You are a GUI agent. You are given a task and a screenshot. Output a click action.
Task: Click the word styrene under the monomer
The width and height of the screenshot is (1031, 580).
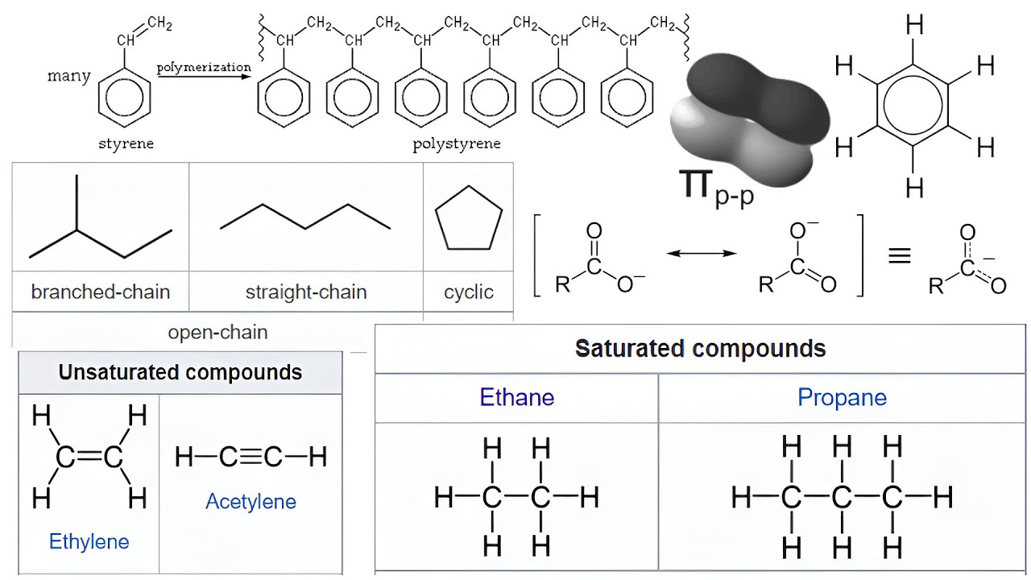tap(126, 144)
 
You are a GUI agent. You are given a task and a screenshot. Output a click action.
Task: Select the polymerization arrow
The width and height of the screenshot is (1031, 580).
tap(204, 77)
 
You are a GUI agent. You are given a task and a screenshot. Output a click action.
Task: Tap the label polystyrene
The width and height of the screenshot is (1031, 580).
tap(457, 144)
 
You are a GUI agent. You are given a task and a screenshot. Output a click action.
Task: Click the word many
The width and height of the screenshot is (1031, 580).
tap(68, 77)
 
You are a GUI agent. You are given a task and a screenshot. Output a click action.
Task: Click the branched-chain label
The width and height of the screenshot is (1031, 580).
tap(101, 292)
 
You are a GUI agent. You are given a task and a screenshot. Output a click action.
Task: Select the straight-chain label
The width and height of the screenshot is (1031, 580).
tap(306, 292)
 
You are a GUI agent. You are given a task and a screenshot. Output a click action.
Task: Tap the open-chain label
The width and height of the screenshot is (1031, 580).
tap(217, 332)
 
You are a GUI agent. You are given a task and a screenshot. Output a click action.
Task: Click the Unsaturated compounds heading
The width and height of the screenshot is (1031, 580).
tap(180, 372)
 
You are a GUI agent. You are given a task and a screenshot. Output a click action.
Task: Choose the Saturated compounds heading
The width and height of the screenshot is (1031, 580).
tap(700, 349)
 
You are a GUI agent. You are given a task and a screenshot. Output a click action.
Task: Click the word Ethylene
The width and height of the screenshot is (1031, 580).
tap(89, 541)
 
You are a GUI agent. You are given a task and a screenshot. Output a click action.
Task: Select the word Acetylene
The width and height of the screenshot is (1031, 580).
tap(251, 502)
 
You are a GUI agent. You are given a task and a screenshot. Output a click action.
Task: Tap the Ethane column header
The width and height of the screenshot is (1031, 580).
tap(516, 397)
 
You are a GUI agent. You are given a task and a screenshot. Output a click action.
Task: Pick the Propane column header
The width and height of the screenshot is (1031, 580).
tap(842, 397)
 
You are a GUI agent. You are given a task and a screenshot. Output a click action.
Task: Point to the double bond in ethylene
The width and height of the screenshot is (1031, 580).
tap(89, 458)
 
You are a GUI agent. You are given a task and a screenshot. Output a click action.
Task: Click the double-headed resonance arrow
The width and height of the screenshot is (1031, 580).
tap(702, 254)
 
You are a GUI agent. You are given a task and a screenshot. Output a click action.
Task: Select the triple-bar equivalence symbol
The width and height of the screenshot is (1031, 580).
tap(899, 256)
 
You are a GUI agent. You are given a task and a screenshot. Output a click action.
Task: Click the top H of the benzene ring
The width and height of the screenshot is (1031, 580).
tap(914, 26)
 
